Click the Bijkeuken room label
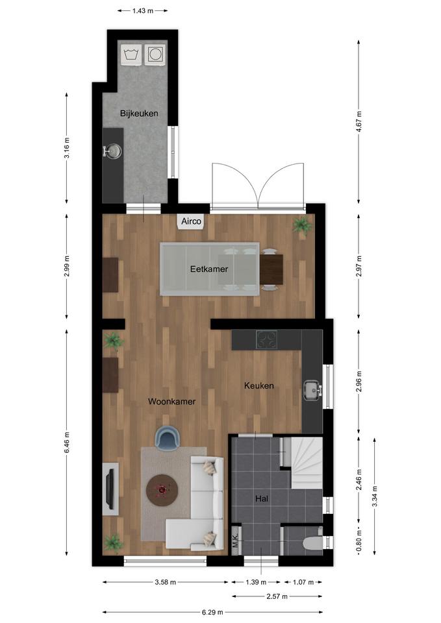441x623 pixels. pos(139,114)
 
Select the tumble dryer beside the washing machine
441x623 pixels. pos(155,54)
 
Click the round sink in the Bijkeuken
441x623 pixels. pos(112,151)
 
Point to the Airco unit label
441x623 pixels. pos(191,221)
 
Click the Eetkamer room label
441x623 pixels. pos(209,269)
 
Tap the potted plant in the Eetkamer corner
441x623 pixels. pos(302,226)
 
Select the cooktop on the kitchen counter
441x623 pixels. pos(266,340)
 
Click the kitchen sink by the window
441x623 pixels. pos(312,390)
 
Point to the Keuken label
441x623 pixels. pos(259,385)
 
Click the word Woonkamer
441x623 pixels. pos(171,402)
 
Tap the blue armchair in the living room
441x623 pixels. pos(168,438)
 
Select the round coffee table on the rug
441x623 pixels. pos(162,490)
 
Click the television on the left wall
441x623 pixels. pos(111,489)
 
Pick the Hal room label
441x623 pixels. pos(262,498)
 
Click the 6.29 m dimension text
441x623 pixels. pos(212,612)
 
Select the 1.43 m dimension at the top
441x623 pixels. pos(143,11)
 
